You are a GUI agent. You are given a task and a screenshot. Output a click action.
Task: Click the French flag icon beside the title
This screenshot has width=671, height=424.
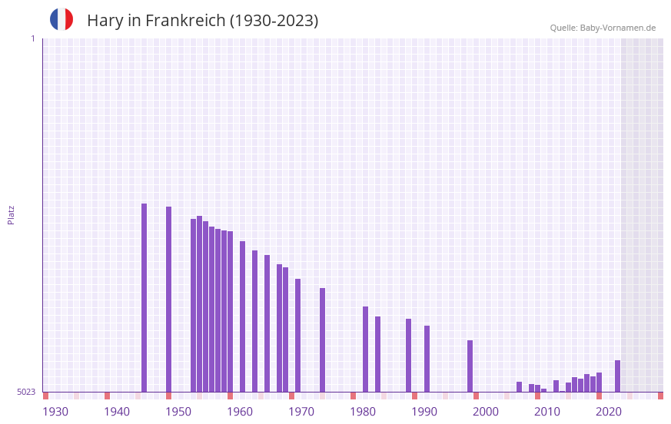61,19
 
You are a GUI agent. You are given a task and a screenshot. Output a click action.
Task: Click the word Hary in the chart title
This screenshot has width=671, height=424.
105,21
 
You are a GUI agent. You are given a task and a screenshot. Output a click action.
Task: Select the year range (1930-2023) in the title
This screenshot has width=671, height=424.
274,21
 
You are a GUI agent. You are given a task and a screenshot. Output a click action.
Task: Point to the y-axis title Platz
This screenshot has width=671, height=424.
11,214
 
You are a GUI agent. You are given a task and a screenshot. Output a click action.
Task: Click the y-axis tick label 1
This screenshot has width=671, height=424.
32,38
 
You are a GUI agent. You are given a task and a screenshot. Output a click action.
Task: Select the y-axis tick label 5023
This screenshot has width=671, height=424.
26,392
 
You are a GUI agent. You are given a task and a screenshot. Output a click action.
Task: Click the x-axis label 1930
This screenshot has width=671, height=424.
55,412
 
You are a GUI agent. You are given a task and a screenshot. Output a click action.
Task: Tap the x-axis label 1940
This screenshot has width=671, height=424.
117,412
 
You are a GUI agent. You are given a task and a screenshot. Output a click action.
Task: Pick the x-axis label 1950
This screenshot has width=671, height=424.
178,412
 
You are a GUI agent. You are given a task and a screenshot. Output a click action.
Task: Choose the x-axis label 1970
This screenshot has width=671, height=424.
301,412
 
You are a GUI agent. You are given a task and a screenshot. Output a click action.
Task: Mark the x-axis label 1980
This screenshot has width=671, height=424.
363,412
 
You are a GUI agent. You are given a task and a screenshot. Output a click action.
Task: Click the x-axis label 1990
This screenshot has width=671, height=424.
424,412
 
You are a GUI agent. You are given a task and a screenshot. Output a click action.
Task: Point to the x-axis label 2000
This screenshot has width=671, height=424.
486,412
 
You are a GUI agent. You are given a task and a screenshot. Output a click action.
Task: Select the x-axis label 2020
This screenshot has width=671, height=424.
609,412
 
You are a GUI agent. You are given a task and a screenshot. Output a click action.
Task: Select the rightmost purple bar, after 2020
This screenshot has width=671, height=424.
617,376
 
